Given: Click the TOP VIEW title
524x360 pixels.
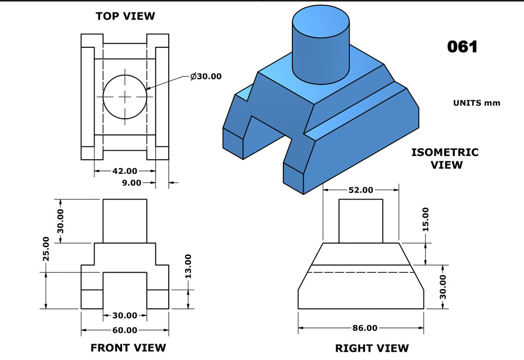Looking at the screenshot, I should click(125, 16).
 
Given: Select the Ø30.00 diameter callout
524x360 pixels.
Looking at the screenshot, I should click(206, 76).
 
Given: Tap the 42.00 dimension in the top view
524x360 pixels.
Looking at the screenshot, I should click(125, 170).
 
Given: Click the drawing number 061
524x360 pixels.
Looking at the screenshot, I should click(462, 47).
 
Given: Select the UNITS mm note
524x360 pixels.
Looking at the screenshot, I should click(476, 103).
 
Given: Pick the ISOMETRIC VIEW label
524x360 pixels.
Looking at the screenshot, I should click(445, 158).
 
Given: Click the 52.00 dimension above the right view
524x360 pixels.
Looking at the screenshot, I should click(360, 190).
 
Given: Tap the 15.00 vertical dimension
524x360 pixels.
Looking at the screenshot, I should click(425, 219).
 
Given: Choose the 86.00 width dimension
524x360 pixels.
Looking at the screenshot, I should click(364, 327).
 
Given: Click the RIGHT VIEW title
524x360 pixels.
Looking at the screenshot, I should click(372, 348).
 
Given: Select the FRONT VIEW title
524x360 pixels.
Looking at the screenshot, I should click(128, 348).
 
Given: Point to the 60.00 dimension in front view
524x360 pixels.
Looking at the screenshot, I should click(125, 330).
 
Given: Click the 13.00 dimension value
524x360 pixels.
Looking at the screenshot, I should click(188, 266).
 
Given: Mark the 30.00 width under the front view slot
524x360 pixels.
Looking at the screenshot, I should click(125, 315).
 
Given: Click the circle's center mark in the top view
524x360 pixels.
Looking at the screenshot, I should click(125, 96).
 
